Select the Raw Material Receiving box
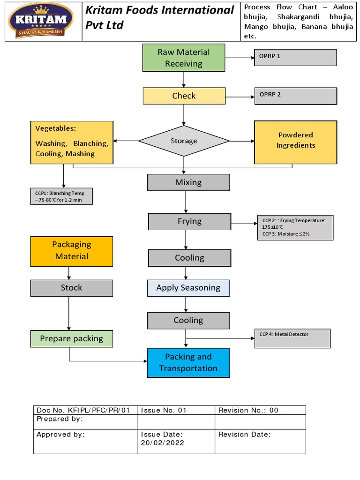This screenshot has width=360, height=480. coord(184,58)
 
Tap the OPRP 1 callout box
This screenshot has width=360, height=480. coord(295,57)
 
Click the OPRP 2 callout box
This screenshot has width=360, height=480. coord(295,96)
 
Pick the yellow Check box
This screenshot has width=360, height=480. coord(184,96)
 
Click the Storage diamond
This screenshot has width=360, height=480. coord(184,141)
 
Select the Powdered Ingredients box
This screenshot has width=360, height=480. coord(295,142)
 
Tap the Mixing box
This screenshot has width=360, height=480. coord(188,182)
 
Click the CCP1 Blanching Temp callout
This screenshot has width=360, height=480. coord(61,196)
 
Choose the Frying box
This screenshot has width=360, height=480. coord(189,221)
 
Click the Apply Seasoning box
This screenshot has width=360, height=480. coord(188,288)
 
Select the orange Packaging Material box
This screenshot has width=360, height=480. coord(72,251)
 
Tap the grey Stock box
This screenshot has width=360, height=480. coord(72,288)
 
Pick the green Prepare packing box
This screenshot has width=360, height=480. coord(72,338)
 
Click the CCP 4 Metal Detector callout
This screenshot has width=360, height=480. coord(292,338)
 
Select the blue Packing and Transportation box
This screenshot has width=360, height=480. coord(188,363)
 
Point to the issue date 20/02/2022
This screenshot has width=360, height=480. coord(163,442)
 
